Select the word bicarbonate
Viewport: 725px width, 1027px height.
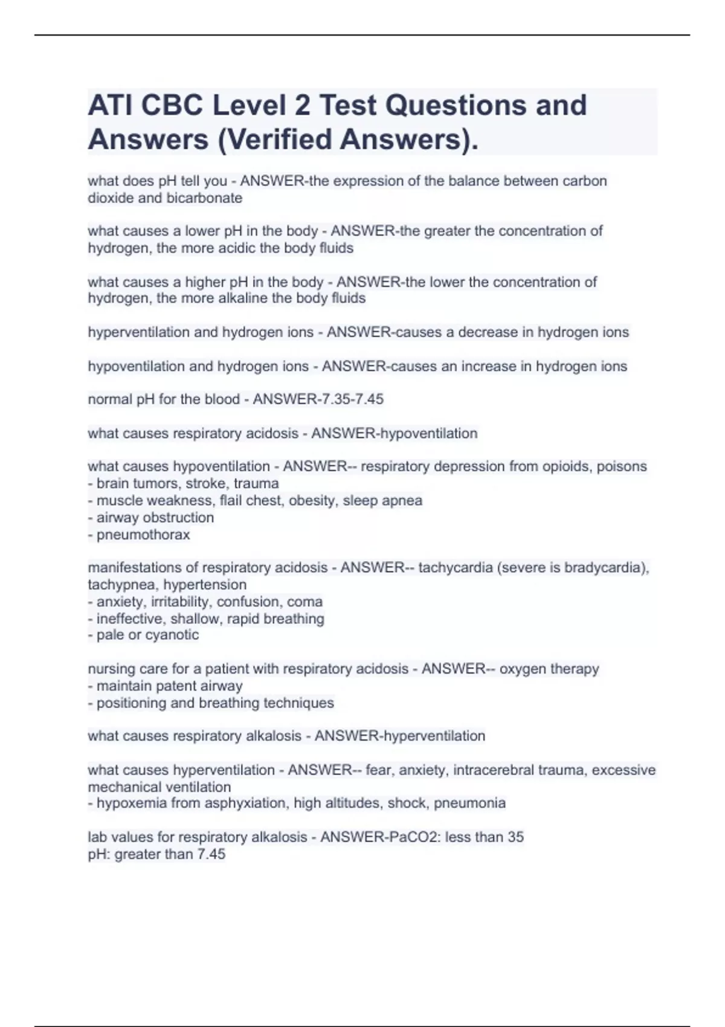[x=204, y=198]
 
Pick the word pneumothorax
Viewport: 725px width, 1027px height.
[x=143, y=535]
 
